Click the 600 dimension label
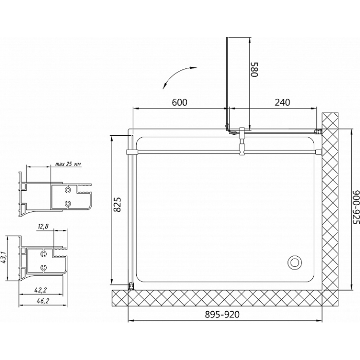[x=179, y=102]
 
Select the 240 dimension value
[x=282, y=102]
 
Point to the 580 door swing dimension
[x=255, y=69]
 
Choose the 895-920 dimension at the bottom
[x=222, y=315]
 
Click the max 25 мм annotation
[x=68, y=164]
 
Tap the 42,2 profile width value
[x=41, y=290]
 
